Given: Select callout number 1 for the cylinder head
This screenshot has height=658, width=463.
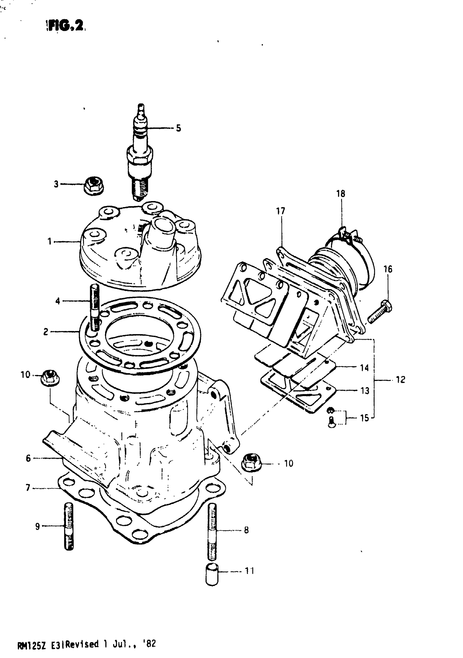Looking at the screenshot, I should point(50,242).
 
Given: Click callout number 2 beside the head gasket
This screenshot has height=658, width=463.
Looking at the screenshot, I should point(46,332).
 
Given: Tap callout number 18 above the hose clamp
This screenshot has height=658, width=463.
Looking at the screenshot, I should point(341,194).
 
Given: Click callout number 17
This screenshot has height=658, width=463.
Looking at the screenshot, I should point(281,211).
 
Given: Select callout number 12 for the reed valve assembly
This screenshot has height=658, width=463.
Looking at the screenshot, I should point(400,380).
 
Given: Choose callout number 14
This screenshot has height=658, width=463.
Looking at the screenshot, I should point(364,368).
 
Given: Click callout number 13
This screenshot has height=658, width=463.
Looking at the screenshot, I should point(364,391).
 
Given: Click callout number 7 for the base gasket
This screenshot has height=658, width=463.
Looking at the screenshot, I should point(28,487).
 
